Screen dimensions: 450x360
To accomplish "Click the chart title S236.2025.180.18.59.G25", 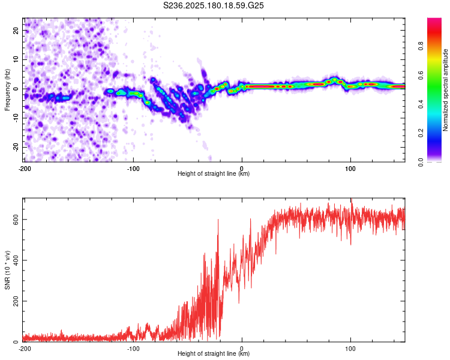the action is click(213, 5).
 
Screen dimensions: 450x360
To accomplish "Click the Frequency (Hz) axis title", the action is click(7, 89).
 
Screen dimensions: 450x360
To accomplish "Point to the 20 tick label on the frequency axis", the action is click(16, 30).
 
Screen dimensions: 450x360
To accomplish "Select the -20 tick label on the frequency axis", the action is click(16, 148).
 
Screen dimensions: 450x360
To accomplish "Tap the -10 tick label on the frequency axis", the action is click(16, 118).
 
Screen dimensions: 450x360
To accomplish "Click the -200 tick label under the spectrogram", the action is click(25, 169).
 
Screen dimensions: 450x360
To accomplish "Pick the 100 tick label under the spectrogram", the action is click(350, 169).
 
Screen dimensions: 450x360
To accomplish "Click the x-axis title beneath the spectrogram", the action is click(214, 173).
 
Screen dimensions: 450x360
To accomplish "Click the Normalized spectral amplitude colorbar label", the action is click(445, 89).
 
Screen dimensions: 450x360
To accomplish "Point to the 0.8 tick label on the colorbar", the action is click(421, 46).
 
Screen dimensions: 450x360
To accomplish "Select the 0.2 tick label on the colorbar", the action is click(421, 133).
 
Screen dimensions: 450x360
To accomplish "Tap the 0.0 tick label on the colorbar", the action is click(421, 162).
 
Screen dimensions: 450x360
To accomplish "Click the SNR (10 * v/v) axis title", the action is click(7, 270).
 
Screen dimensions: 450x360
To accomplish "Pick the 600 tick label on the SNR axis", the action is click(16, 220).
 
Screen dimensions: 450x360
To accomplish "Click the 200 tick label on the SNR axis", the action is click(16, 301).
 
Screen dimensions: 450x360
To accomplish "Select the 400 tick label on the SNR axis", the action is click(16, 260).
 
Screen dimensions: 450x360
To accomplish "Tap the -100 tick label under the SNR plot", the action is click(133, 349).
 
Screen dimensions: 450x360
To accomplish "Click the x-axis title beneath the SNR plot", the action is click(214, 353).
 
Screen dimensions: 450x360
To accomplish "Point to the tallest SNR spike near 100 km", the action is click(351, 199).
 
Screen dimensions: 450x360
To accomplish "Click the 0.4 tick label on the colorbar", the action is click(421, 104).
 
